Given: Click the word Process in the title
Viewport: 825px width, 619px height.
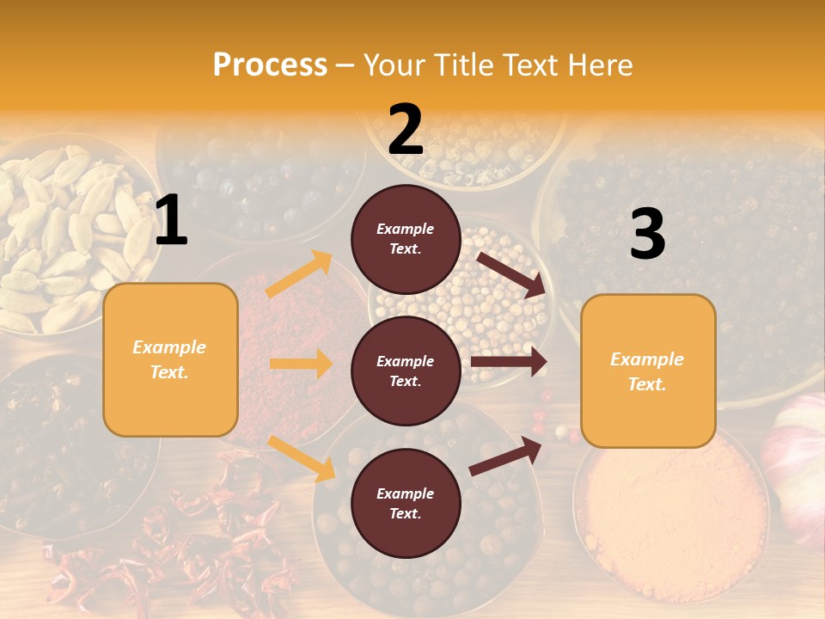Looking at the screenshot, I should point(270,65).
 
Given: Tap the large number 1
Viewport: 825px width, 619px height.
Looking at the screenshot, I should point(172,222).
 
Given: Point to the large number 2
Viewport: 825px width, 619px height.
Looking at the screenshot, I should point(406,130).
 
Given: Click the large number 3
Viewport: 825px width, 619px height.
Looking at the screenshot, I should point(647,235).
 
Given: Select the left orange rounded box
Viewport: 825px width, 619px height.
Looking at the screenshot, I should point(170,359).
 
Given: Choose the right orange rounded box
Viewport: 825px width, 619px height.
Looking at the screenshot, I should point(648,371).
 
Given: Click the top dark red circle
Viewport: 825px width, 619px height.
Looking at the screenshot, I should point(406,239).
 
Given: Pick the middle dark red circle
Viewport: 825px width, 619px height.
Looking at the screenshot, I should point(406,371).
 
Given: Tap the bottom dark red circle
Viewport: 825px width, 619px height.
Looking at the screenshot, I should point(406,503).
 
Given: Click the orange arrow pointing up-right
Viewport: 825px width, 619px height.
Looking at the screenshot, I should point(300,274).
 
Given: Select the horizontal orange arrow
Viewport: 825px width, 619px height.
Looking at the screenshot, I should point(301,364).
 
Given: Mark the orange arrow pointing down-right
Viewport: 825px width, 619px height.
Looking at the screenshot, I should point(302,457).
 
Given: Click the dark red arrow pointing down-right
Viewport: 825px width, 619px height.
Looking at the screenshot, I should point(511,275).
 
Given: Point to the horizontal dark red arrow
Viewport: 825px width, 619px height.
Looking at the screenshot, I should point(508,362).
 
